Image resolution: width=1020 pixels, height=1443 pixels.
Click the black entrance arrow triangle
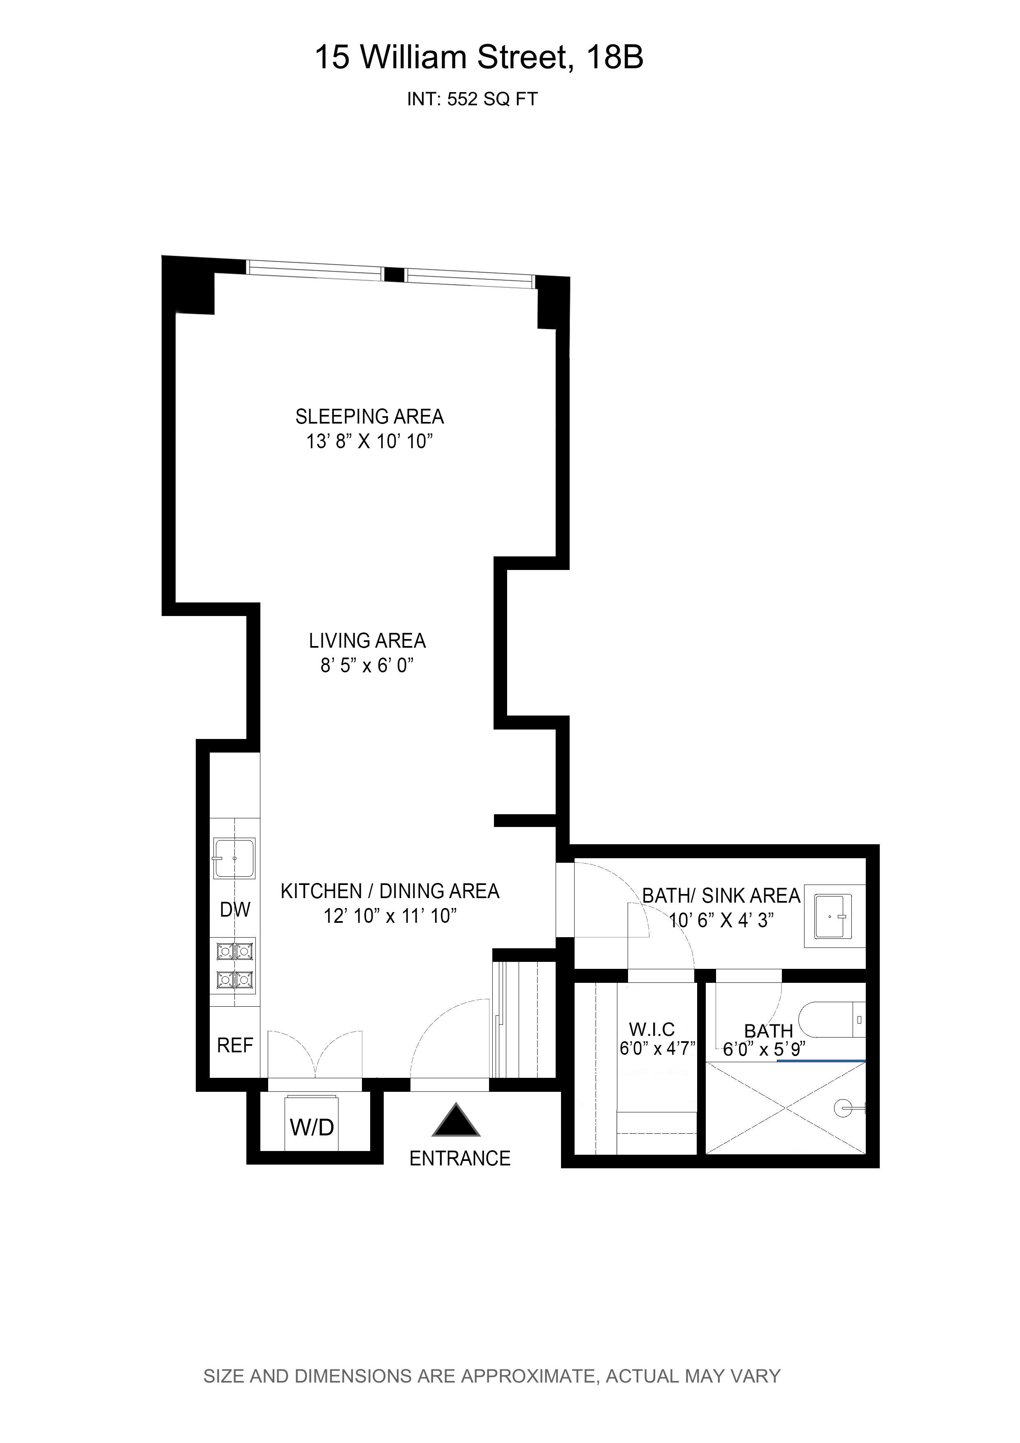click(456, 1122)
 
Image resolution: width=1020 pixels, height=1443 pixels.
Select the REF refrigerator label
click(235, 1045)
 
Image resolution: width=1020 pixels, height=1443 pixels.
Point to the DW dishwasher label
click(235, 909)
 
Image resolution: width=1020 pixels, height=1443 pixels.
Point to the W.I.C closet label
click(652, 1029)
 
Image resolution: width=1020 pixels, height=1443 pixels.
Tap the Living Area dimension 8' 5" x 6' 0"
click(367, 665)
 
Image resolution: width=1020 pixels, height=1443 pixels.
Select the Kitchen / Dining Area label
click(389, 891)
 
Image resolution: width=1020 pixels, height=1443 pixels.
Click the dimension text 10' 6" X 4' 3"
click(720, 921)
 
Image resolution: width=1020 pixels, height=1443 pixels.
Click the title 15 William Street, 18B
click(479, 57)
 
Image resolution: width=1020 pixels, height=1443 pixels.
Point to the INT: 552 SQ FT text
click(472, 99)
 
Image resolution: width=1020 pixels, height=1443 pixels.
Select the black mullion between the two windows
click(394, 275)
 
